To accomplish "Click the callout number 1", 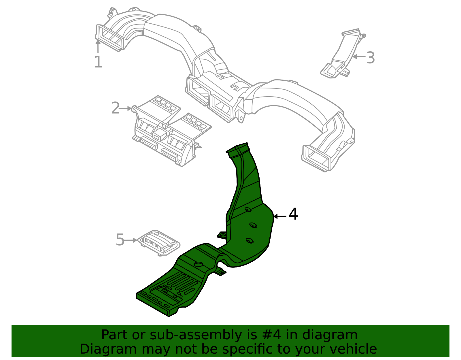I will pyautogui.click(x=98, y=62).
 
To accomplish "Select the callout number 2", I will pyautogui.click(x=115, y=108).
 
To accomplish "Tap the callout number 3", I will pyautogui.click(x=371, y=58).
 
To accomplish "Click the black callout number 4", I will pyautogui.click(x=293, y=214).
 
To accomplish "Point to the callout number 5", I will pyautogui.click(x=120, y=240).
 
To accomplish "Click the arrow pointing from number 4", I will pyautogui.click(x=279, y=216).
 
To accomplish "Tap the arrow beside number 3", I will pyautogui.click(x=359, y=56).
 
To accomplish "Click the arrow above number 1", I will pyautogui.click(x=98, y=46).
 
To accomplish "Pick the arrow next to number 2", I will pyautogui.click(x=126, y=109).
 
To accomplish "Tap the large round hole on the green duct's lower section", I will pyautogui.click(x=199, y=264).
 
